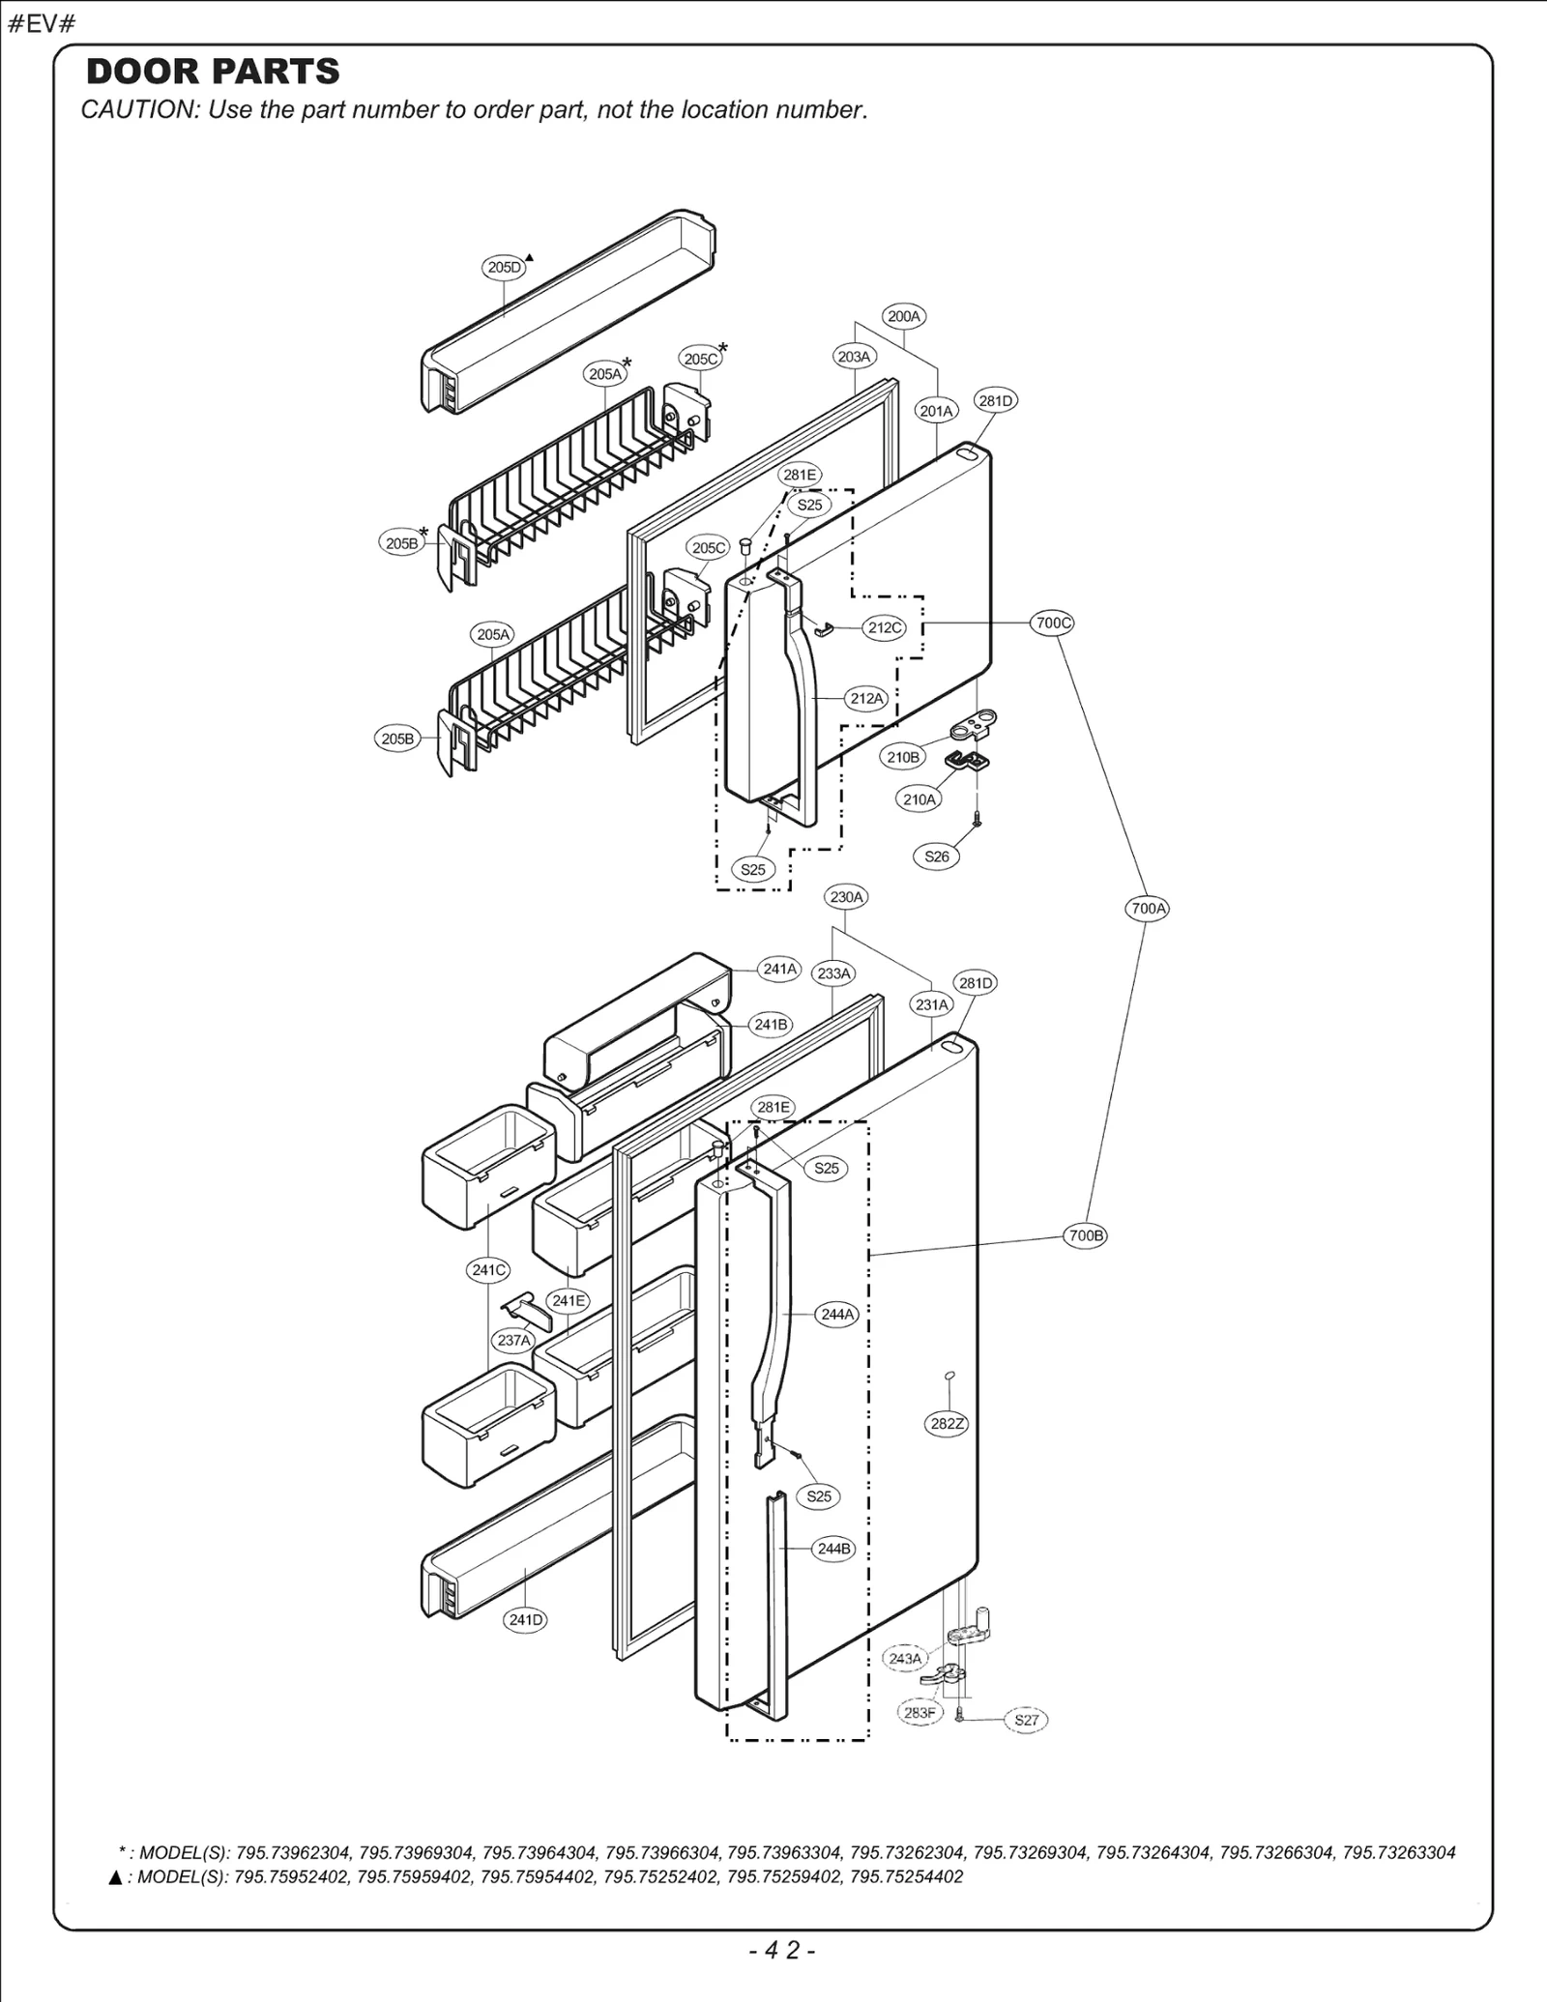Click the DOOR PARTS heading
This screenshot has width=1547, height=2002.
[x=213, y=72]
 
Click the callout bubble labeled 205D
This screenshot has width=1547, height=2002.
[x=504, y=268]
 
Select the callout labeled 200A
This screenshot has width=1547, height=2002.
[x=904, y=316]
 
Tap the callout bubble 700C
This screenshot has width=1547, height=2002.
[x=1053, y=623]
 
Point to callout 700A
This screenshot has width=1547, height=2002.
[x=1148, y=908]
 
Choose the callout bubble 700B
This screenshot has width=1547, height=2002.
[x=1085, y=1235]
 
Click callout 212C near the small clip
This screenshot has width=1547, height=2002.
[x=884, y=627]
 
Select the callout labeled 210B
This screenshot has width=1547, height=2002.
[x=902, y=757]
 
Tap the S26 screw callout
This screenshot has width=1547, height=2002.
[x=936, y=856]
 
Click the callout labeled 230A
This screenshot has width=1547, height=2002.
[x=846, y=897]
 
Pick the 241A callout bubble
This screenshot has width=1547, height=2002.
[x=779, y=969]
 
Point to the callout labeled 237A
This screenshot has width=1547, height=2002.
[x=513, y=1340]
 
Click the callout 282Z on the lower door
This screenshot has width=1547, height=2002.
[x=947, y=1423]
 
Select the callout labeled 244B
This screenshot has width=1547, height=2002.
[x=833, y=1549]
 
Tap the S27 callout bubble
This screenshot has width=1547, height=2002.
[x=1026, y=1720]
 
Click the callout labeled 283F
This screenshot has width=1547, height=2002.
[x=919, y=1713]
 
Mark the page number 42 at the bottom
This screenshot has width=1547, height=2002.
[x=782, y=1951]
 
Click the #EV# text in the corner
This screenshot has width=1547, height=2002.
[x=41, y=24]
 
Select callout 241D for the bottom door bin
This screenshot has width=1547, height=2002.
[x=526, y=1619]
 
